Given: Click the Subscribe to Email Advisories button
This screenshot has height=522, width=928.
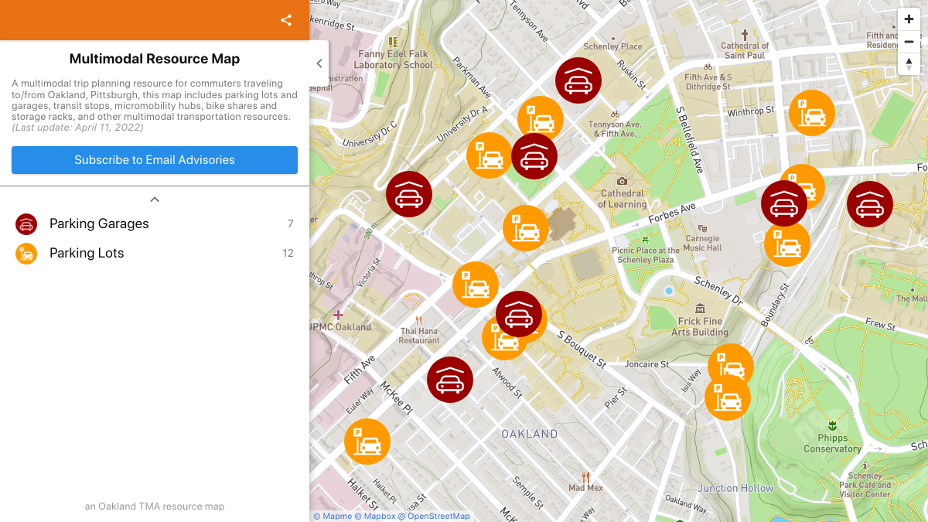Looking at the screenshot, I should point(155,160).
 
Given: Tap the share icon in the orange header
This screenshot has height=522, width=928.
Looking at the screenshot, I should point(286,20).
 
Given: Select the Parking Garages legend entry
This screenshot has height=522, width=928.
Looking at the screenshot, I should point(99,223).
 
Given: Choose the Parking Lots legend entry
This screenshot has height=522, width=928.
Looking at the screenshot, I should point(87,253).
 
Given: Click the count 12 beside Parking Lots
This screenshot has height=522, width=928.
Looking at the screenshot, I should point(288,253).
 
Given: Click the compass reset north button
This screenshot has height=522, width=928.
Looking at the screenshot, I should point(909,63).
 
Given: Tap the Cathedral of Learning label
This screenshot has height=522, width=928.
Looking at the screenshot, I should point(623,199).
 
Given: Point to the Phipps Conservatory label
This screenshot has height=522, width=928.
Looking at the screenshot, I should point(832,443).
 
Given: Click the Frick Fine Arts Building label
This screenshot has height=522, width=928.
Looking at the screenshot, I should point(700,326).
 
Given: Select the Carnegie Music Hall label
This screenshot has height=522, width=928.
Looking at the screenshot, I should point(703,243).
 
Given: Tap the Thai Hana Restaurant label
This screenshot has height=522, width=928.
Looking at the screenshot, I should point(419,336).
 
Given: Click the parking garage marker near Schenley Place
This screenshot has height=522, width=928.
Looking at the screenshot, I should point(578,80).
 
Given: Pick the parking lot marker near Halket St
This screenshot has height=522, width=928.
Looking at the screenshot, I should point(367,442).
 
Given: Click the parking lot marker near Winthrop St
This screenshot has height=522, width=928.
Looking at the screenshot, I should point(812,113).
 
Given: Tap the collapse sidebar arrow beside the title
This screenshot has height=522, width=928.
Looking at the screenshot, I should point(319,63).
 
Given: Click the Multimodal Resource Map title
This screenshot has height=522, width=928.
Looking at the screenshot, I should point(155,59).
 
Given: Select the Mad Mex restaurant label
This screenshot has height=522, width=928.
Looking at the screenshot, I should point(585,487).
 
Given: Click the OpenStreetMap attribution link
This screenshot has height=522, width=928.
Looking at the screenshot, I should point(438,517).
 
